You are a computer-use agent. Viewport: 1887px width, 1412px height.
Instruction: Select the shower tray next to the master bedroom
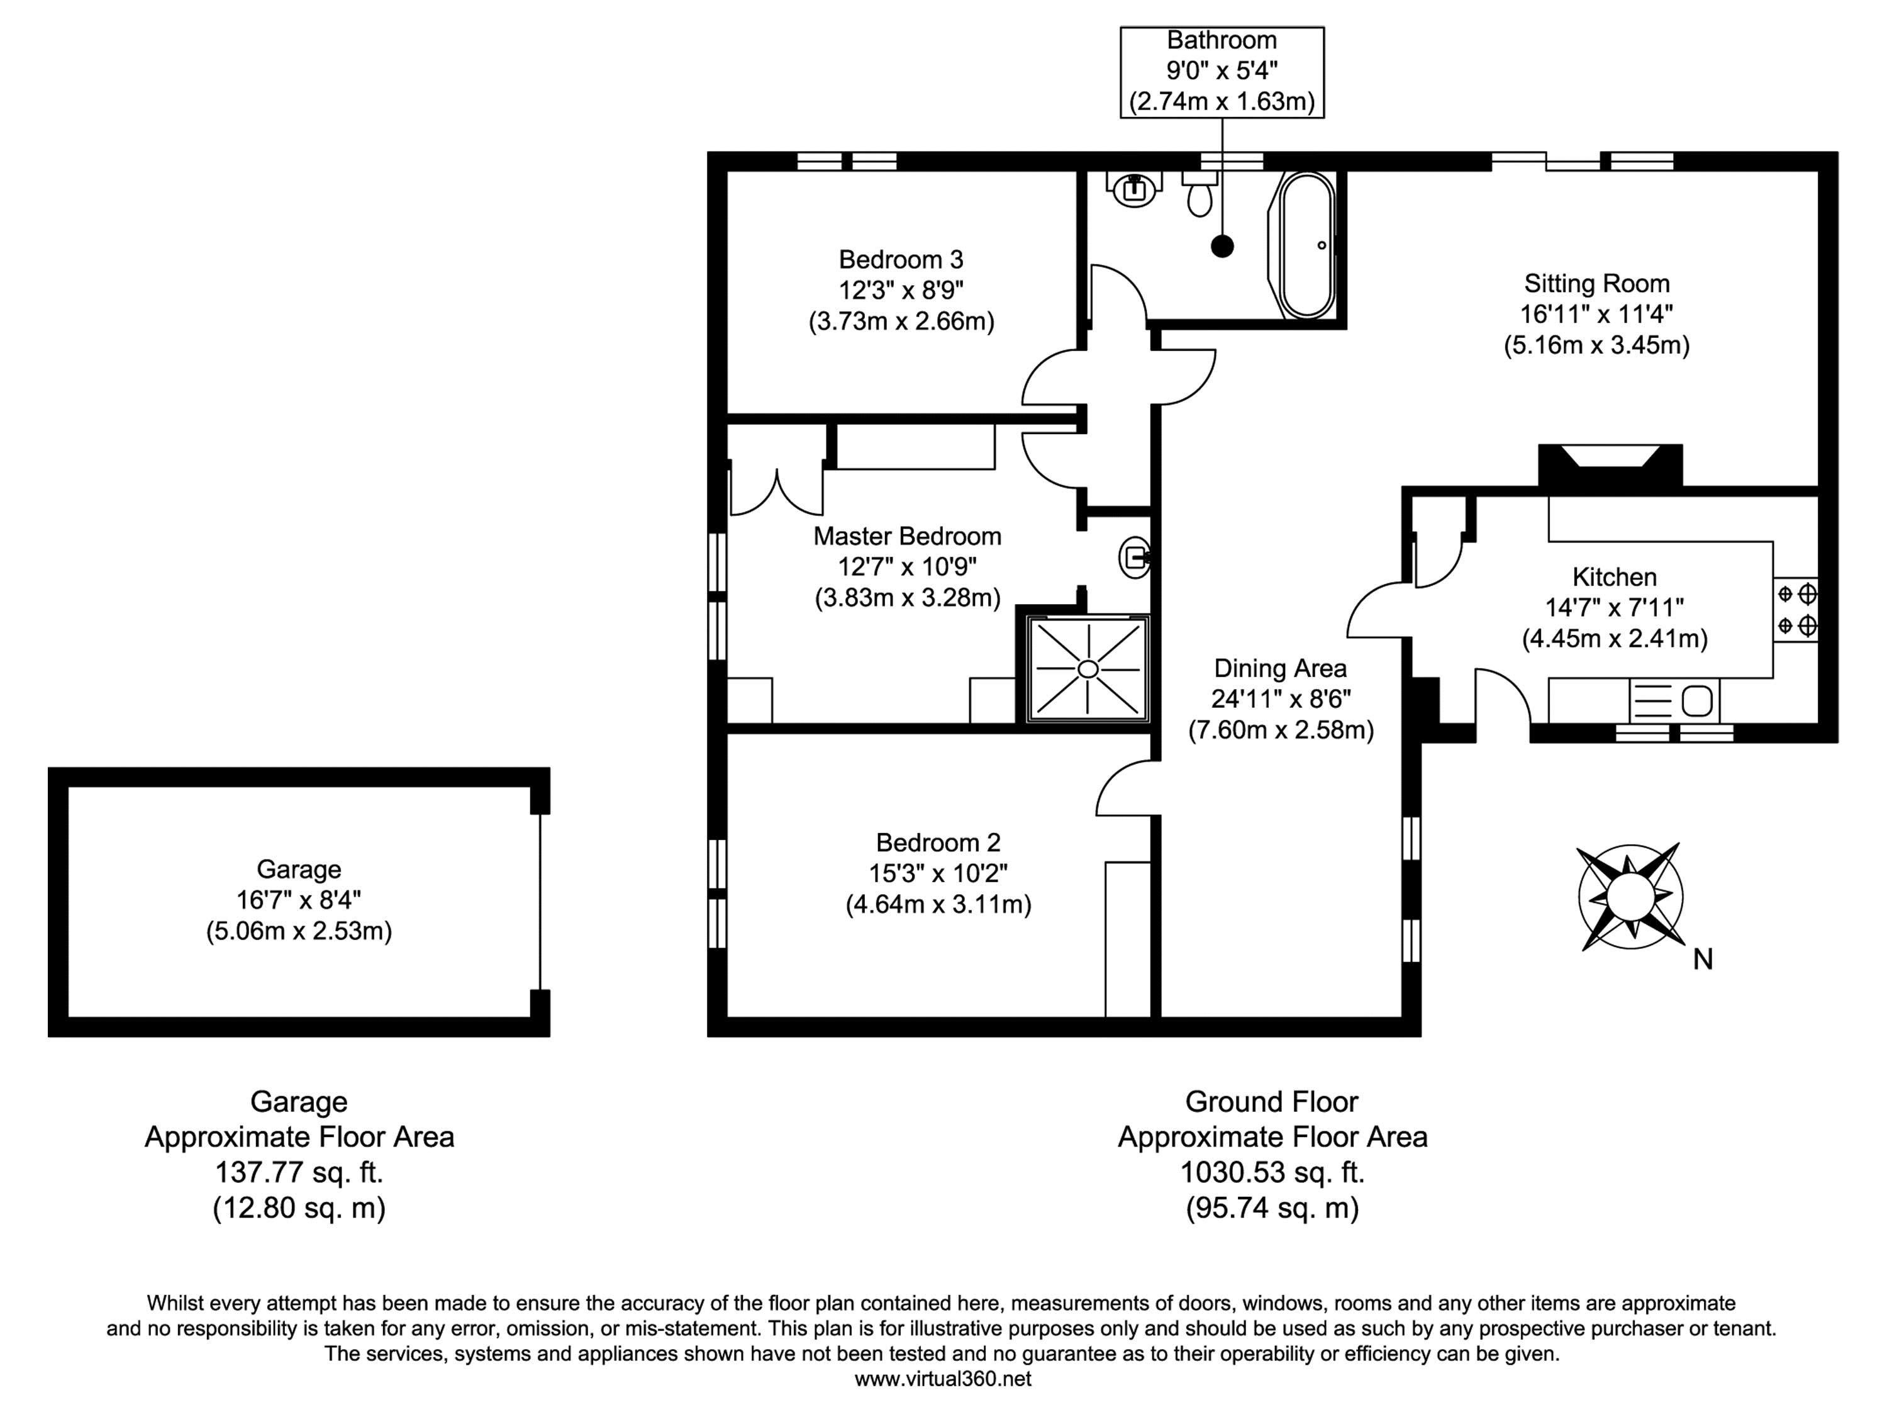tap(1088, 669)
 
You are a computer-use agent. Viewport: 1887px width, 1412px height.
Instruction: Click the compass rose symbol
tap(1630, 896)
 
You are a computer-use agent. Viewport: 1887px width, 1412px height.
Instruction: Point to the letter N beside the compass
tap(1703, 960)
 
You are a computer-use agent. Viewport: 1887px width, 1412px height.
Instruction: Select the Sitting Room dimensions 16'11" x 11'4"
tap(1596, 314)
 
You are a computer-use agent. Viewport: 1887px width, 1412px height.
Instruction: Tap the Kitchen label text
tap(1614, 577)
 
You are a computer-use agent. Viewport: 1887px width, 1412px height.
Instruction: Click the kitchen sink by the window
tap(1674, 700)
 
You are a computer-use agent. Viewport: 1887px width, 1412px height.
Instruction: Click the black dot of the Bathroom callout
tap(1222, 247)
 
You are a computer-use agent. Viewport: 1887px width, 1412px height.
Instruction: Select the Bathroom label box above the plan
tap(1222, 72)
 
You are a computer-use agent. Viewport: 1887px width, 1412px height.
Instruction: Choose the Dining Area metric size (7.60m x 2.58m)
tap(1281, 731)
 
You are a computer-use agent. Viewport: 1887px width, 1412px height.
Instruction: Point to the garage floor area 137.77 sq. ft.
tap(299, 1172)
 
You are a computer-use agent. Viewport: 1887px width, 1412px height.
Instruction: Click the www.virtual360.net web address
tap(943, 1379)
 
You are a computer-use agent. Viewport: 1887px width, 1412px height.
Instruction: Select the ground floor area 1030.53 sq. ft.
tap(1272, 1172)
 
